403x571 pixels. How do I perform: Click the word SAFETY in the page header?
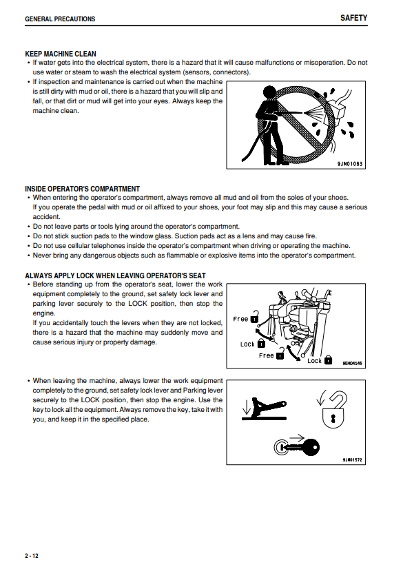tap(353, 18)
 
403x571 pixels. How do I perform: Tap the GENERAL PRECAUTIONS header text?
tap(60, 19)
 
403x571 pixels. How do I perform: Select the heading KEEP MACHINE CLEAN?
tap(61, 54)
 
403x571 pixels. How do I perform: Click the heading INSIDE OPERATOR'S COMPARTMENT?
tap(83, 189)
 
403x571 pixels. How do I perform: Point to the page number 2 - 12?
tap(31, 556)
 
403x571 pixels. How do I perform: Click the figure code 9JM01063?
tap(350, 164)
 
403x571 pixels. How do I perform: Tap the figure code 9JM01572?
tap(352, 460)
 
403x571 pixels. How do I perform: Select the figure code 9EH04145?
tap(352, 363)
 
